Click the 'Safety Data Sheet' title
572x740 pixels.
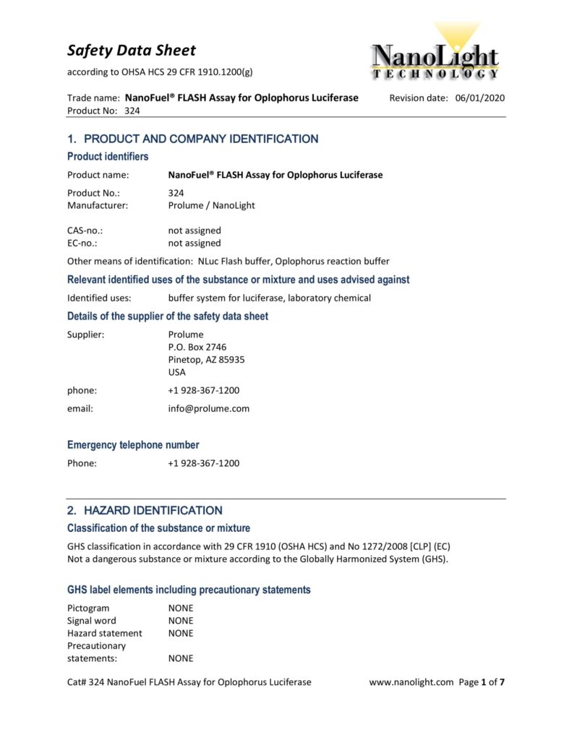coord(132,50)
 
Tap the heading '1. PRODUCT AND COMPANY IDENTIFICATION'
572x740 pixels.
coord(192,139)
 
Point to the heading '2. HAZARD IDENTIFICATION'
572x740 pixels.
coord(145,510)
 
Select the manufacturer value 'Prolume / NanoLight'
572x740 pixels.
coord(211,205)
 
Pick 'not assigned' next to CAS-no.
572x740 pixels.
coord(195,231)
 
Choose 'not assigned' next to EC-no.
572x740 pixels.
coord(195,243)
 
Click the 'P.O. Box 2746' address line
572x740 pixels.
coord(197,347)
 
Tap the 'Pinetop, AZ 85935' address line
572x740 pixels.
coord(206,359)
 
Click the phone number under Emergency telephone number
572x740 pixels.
coord(203,463)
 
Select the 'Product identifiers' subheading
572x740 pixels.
coord(108,157)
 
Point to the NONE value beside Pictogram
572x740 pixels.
coord(181,608)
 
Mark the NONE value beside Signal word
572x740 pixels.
coord(181,621)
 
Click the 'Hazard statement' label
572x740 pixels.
coord(105,633)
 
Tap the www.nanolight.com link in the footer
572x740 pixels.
coord(411,682)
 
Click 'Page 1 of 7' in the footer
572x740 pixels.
coord(482,682)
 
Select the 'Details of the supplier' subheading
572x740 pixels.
coord(168,316)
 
